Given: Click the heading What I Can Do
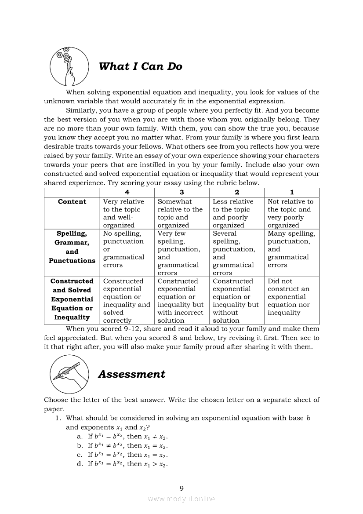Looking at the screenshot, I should tap(140, 66).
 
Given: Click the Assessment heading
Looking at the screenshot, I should tap(131, 374).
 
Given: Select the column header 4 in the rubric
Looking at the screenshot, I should tap(127, 192).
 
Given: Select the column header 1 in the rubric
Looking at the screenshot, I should tap(292, 192).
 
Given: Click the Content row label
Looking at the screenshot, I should tap(72, 202).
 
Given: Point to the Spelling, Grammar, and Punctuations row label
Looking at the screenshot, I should tap(72, 247).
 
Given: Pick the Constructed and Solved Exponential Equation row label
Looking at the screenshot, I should tap(72, 299).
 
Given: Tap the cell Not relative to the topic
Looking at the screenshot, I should tap(291, 213).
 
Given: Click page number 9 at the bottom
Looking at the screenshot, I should tap(181, 488).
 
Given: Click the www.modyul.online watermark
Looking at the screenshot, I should tap(181, 499).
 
